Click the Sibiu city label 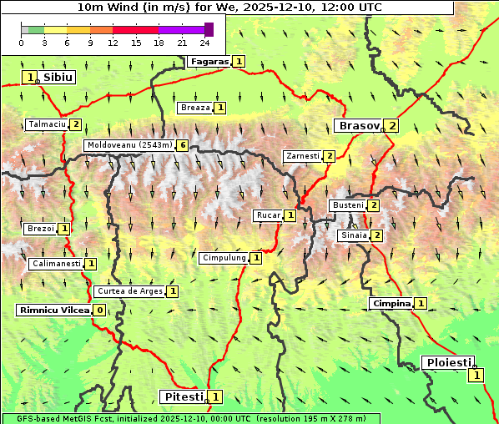(x=58, y=77)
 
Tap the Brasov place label (x=357, y=126)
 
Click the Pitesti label (x=182, y=396)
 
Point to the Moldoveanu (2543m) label (x=129, y=145)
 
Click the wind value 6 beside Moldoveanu (x=183, y=145)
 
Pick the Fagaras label (x=209, y=61)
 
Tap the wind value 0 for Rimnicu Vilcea (x=99, y=310)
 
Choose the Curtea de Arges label (x=129, y=291)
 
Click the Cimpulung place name (x=224, y=258)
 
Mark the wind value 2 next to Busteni (x=374, y=205)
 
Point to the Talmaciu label (x=46, y=124)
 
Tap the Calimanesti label (x=55, y=264)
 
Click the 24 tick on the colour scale (x=204, y=42)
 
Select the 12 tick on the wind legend (x=113, y=42)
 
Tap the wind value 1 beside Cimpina (x=421, y=303)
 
